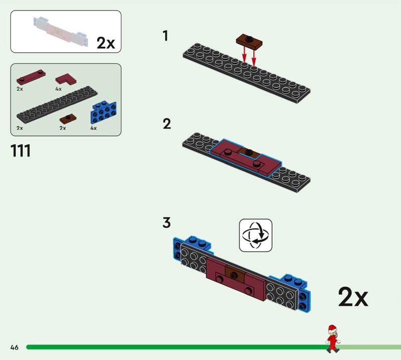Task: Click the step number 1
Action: coord(165,36)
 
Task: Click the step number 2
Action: coord(167,124)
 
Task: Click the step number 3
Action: coord(166,223)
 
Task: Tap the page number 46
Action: coord(14,347)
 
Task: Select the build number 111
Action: coord(21,150)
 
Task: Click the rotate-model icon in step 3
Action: coord(256,235)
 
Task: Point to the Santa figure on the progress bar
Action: coord(331,337)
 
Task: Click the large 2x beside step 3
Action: coord(353,297)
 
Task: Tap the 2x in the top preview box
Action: coord(106,43)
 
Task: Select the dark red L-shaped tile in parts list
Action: coord(65,79)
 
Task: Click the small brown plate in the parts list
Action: coord(67,119)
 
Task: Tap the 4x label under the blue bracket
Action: coord(93,128)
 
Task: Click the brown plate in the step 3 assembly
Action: coord(235,272)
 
